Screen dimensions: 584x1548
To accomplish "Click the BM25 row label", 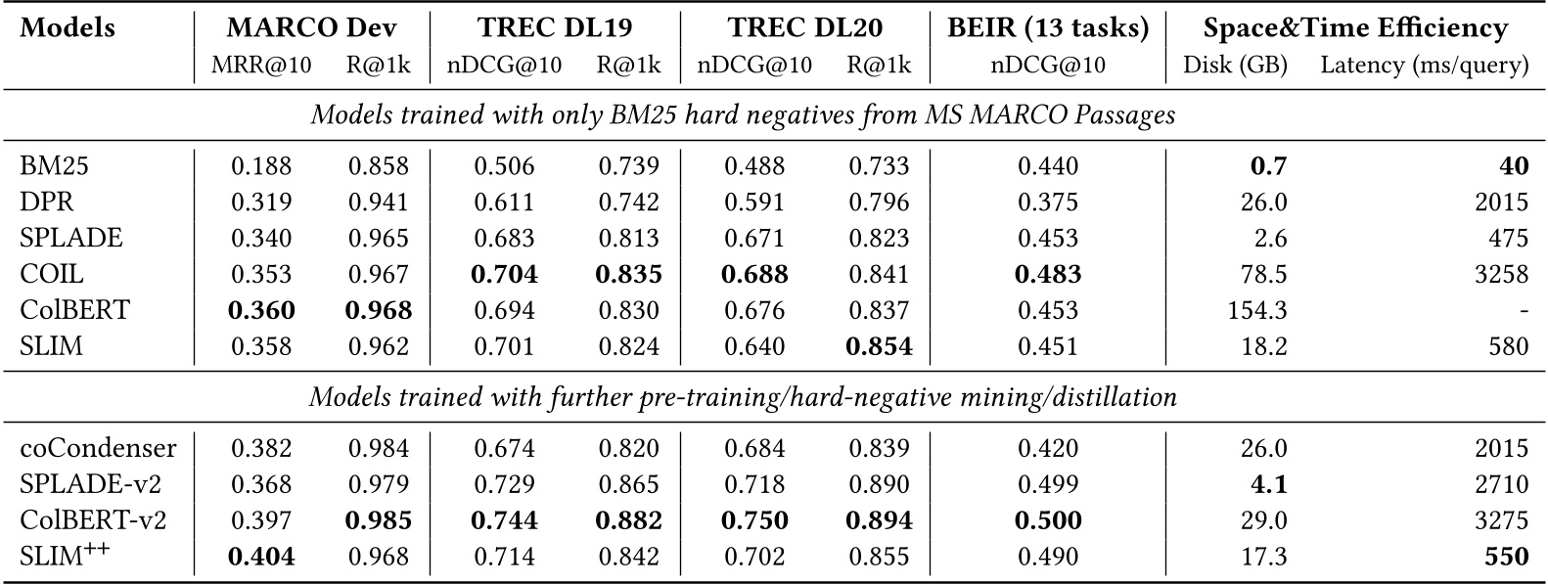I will [54, 166].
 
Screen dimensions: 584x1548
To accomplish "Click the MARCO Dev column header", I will [310, 28].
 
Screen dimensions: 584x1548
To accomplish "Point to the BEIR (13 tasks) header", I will [1048, 28].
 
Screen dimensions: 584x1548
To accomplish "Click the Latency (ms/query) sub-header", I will [1424, 66].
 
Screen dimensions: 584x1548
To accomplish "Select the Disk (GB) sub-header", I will [1235, 66].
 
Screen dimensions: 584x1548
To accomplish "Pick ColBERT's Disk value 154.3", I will [1256, 310].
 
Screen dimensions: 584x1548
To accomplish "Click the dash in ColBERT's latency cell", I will [1524, 311].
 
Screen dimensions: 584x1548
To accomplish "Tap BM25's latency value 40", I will [1513, 166].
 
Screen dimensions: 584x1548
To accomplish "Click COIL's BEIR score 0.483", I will [1048, 275].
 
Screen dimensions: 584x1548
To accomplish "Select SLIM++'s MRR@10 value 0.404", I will [261, 556].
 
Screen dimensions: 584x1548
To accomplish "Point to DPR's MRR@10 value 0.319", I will [261, 202].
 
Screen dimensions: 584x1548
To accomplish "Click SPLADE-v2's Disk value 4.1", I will [1268, 483].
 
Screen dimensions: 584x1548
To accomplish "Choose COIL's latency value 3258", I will [1502, 275].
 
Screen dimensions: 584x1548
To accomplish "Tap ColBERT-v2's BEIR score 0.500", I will [1048, 519].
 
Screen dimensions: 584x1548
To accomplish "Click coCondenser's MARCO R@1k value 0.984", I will [378, 448].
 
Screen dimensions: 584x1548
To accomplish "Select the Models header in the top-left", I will [67, 28].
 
